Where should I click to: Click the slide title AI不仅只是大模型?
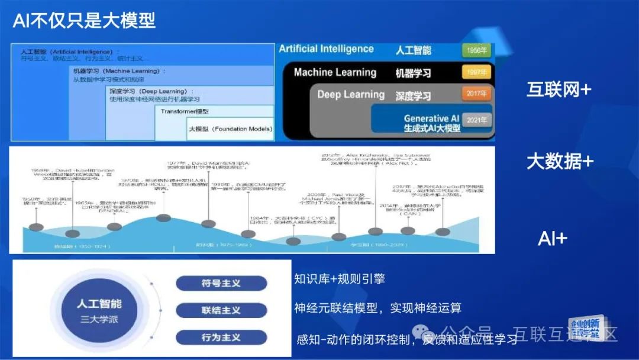pos(84,21)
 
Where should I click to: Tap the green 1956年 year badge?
pos(476,50)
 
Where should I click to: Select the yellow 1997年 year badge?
pos(476,72)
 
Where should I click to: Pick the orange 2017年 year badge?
pos(476,94)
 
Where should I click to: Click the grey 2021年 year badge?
pos(476,120)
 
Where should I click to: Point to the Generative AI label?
pos(431,118)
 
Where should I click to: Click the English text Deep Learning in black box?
pos(351,94)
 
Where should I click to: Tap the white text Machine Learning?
pos(335,72)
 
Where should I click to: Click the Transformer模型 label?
pos(185,111)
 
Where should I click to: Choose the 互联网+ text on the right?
pos(559,90)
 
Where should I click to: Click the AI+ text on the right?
pos(553,239)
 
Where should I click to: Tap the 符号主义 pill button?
pos(221,284)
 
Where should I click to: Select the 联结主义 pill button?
pos(221,310)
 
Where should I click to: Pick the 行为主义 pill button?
pos(221,337)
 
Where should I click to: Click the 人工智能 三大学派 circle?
pos(99,310)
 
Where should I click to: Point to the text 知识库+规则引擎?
pos(340,278)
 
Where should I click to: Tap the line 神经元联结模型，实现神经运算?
pos(377,308)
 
